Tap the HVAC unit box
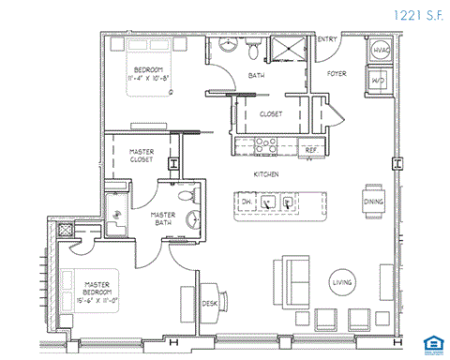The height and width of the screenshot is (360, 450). tap(382, 52)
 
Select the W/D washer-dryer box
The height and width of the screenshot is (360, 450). tap(382, 81)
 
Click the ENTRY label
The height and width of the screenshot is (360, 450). tap(327, 38)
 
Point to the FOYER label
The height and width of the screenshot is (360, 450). tap(337, 73)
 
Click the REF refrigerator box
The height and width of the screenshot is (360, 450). tap(310, 148)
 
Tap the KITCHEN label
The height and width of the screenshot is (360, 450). tap(265, 174)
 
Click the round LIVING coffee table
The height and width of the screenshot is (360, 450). tap(341, 282)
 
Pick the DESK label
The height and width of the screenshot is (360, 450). tap(210, 303)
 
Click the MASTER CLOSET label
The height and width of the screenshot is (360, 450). tap(143, 155)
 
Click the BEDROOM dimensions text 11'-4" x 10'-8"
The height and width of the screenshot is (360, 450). tap(150, 77)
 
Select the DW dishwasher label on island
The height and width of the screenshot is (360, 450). tap(247, 202)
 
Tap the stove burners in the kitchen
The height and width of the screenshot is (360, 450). tap(262, 146)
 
